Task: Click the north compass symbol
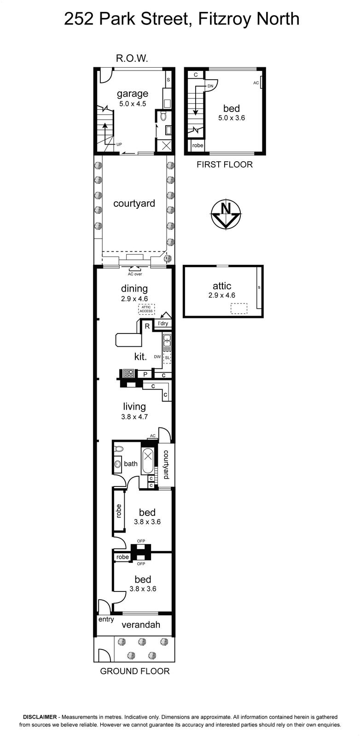pos(225,214)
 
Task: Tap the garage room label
pos(133,94)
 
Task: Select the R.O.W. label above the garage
pos(132,58)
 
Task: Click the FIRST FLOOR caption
pos(225,164)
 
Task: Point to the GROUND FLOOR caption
pos(135,671)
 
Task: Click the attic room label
pos(222,286)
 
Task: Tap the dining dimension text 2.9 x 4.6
pos(134,299)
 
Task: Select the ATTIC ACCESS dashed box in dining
pos(146,309)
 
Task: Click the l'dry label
pos(163,323)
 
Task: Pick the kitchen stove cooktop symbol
pos(128,374)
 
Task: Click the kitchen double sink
pos(167,340)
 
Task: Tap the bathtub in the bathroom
pos(148,456)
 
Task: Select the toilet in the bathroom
pos(119,449)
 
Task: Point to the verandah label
pos(141,625)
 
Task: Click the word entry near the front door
pos(106,619)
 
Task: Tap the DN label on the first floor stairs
pos(210,86)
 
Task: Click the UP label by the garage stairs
pos(119,144)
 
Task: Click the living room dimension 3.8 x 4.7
pos(134,416)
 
